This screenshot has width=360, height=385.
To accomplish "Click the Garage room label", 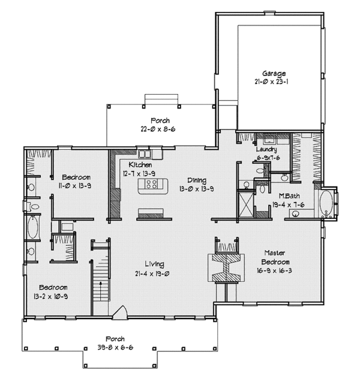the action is (x=274, y=73).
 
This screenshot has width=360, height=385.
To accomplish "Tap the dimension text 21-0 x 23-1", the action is (x=271, y=82).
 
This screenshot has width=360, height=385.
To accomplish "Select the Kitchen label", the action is (x=140, y=164).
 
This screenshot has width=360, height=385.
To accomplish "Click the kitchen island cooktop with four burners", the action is (x=151, y=184).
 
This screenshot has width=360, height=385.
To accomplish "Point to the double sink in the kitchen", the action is (x=144, y=154).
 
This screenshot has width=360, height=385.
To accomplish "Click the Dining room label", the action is (x=197, y=181).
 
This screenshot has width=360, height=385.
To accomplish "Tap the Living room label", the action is (x=154, y=264).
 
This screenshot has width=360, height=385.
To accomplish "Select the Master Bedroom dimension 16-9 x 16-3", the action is (x=274, y=270).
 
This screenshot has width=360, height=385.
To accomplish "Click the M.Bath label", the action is (x=289, y=196).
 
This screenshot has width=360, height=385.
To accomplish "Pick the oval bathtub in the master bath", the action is (x=326, y=203).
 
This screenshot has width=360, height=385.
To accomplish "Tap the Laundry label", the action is (x=266, y=149).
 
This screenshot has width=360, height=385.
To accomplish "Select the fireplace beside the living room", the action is (x=226, y=267).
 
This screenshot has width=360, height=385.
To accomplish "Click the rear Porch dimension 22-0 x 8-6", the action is (x=158, y=129).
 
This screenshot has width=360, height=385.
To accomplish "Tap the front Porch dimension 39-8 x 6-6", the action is (x=115, y=348).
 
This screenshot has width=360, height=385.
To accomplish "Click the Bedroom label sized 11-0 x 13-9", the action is (x=76, y=178).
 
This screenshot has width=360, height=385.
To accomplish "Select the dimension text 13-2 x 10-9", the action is (x=50, y=297).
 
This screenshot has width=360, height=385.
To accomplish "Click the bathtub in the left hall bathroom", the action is (x=32, y=227).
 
